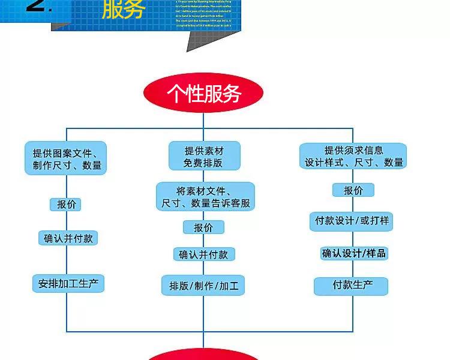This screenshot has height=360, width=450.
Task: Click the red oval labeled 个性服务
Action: click(x=203, y=94)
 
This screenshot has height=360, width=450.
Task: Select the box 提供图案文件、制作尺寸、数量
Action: click(x=66, y=158)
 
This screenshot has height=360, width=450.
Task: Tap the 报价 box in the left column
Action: click(x=65, y=204)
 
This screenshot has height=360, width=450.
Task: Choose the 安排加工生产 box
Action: click(x=68, y=284)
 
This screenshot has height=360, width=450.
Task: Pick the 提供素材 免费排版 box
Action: click(x=203, y=156)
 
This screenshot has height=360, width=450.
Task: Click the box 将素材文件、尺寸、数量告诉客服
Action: click(x=205, y=197)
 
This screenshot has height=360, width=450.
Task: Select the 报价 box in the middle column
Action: click(x=203, y=227)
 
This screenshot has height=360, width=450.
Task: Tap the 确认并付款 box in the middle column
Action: click(x=203, y=254)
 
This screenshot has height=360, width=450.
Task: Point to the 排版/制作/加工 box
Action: click(x=203, y=286)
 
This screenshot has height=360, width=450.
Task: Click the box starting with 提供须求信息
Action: click(x=353, y=156)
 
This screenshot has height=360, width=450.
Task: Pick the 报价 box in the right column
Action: click(x=353, y=190)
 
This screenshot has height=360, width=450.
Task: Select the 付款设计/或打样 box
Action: click(x=352, y=221)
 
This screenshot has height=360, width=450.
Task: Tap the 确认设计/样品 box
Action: click(x=353, y=253)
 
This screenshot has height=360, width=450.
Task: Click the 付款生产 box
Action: click(x=352, y=286)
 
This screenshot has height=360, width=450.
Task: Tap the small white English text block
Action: click(x=207, y=14)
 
